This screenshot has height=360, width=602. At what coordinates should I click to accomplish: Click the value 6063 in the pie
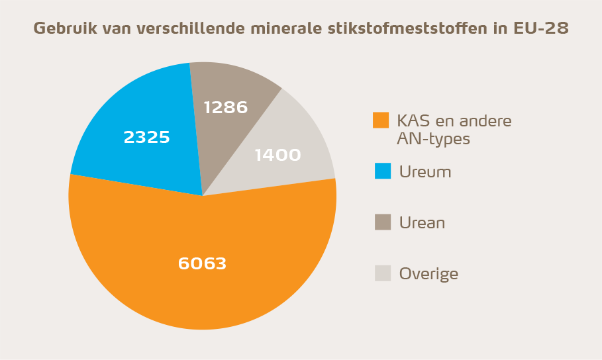(202, 263)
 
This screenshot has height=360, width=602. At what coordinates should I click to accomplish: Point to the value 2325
(146, 138)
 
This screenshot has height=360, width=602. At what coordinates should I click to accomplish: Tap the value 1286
(225, 107)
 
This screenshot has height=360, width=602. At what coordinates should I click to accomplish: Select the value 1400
(277, 155)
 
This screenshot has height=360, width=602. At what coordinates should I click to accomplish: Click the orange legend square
(381, 120)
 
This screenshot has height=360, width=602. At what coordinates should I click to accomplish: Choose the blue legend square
(383, 171)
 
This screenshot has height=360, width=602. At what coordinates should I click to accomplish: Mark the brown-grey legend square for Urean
(383, 222)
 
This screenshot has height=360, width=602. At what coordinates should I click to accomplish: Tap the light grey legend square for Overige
(383, 273)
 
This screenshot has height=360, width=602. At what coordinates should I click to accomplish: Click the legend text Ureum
(425, 172)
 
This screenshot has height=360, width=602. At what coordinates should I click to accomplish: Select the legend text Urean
(422, 223)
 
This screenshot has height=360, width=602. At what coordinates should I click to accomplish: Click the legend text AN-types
(434, 139)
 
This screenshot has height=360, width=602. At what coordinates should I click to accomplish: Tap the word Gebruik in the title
(62, 28)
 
